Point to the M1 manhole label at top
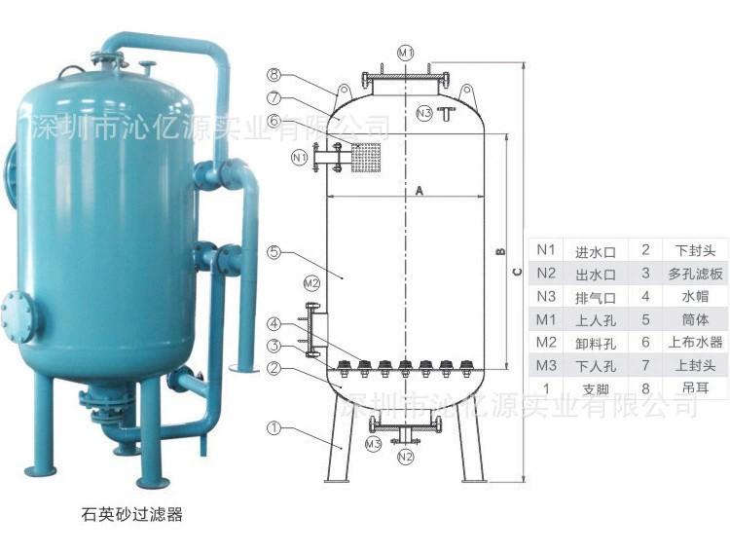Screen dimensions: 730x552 (405, 51)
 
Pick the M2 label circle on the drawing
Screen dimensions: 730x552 (310, 283)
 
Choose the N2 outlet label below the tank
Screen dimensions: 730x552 (405, 456)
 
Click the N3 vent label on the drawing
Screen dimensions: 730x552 (424, 114)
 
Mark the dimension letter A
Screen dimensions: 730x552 (419, 191)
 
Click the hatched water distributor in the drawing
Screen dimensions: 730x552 (365, 158)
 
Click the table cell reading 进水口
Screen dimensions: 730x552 (592, 250)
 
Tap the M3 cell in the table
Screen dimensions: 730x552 (546, 367)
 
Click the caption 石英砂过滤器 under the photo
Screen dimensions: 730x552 (132, 515)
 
